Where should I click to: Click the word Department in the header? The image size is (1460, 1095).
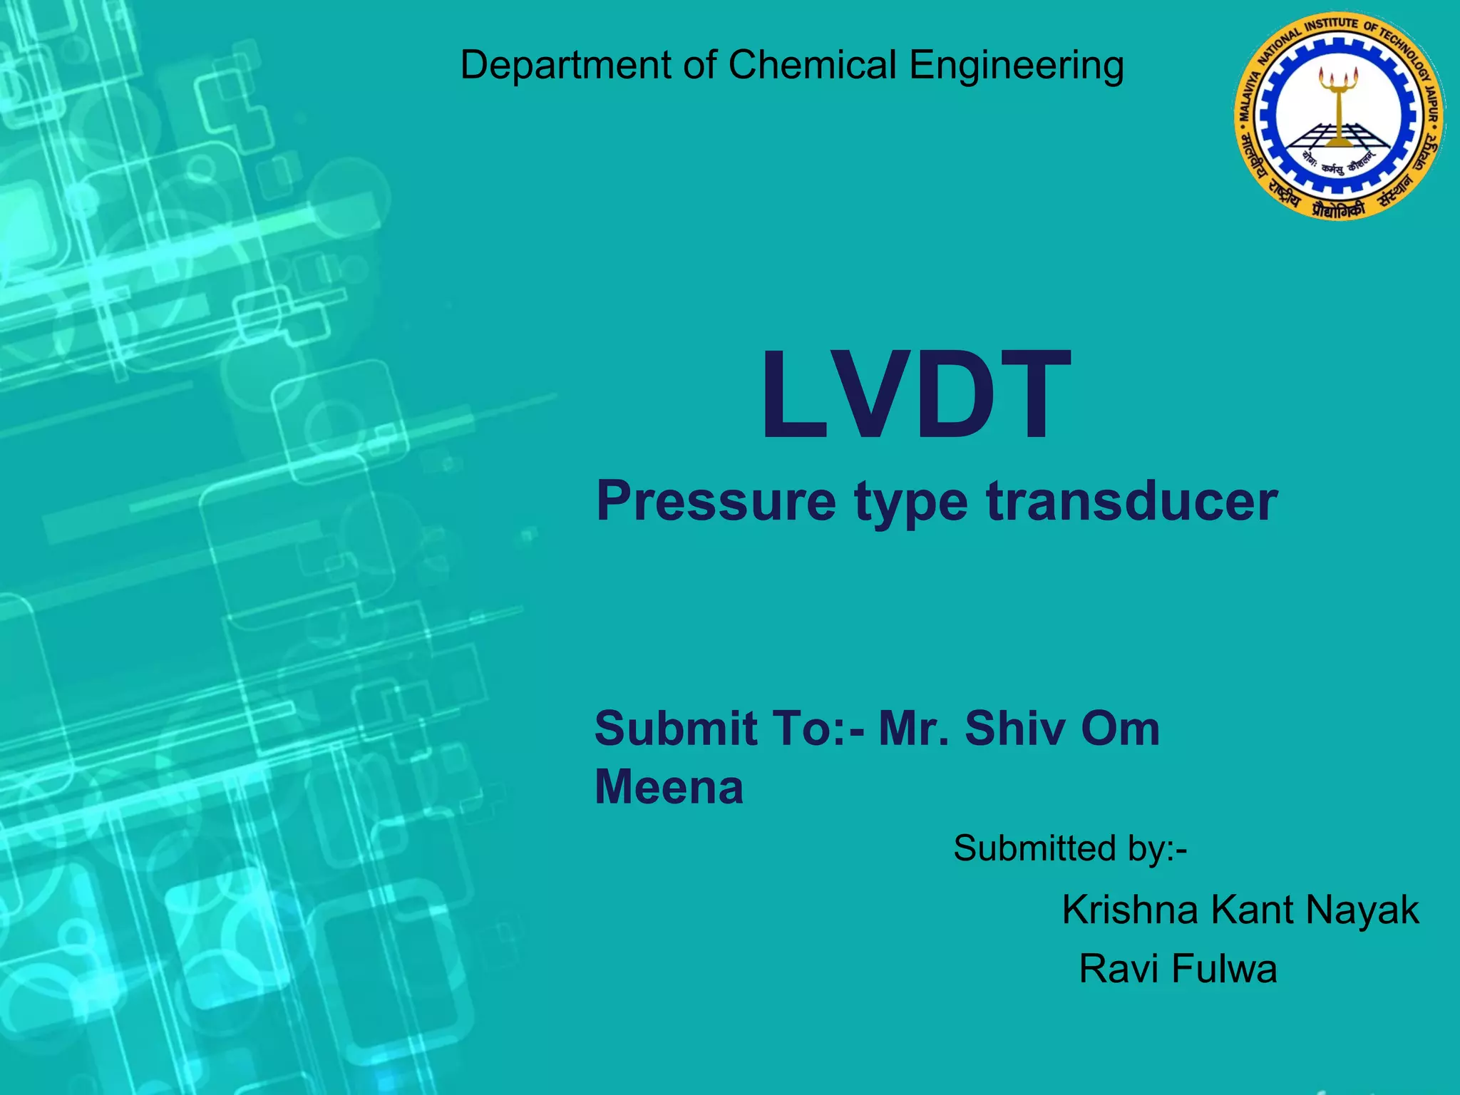565,66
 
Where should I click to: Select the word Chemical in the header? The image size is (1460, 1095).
812,66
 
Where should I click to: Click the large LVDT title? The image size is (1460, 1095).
917,396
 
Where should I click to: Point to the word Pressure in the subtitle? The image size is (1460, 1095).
716,501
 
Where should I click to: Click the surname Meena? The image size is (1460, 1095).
669,787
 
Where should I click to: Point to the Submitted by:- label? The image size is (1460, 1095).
1070,848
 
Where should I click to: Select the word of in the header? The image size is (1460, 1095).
700,66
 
